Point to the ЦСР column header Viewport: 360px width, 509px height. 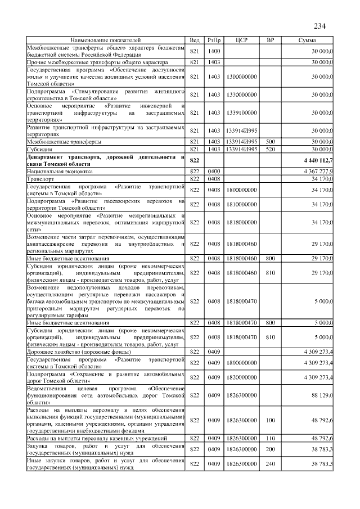coord(242,40)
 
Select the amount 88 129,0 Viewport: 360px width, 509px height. coord(322,394)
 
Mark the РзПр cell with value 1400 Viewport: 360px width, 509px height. coord(214,51)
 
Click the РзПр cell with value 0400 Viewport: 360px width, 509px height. coord(214,170)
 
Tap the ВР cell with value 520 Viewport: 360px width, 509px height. coord(270,149)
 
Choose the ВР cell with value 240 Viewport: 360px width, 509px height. coord(270,463)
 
